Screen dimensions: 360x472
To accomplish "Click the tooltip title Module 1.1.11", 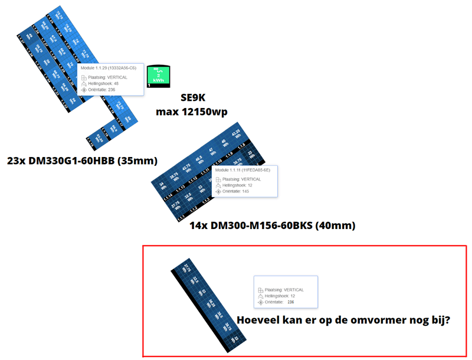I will point(242,170).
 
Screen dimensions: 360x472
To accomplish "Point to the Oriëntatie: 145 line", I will point(237,191).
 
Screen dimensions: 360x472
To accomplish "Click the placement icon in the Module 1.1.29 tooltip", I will point(83,77).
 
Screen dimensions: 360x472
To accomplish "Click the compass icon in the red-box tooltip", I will point(261,302).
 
